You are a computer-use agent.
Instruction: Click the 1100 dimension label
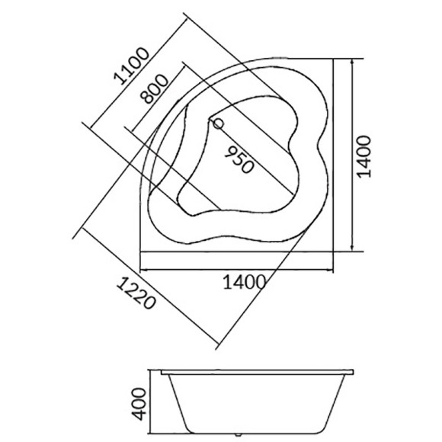[131, 66]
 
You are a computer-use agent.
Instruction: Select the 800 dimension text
[155, 89]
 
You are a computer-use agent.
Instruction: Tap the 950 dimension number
[239, 160]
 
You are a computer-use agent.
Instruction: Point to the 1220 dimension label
[136, 293]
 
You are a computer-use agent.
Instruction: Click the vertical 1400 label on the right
[364, 157]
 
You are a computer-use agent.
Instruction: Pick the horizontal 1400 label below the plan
[245, 282]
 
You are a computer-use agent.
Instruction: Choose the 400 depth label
[139, 404]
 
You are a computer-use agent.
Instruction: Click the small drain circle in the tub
[218, 123]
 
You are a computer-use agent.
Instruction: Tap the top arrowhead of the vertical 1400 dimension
[352, 62]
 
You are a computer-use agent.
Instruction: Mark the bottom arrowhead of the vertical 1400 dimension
[352, 248]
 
